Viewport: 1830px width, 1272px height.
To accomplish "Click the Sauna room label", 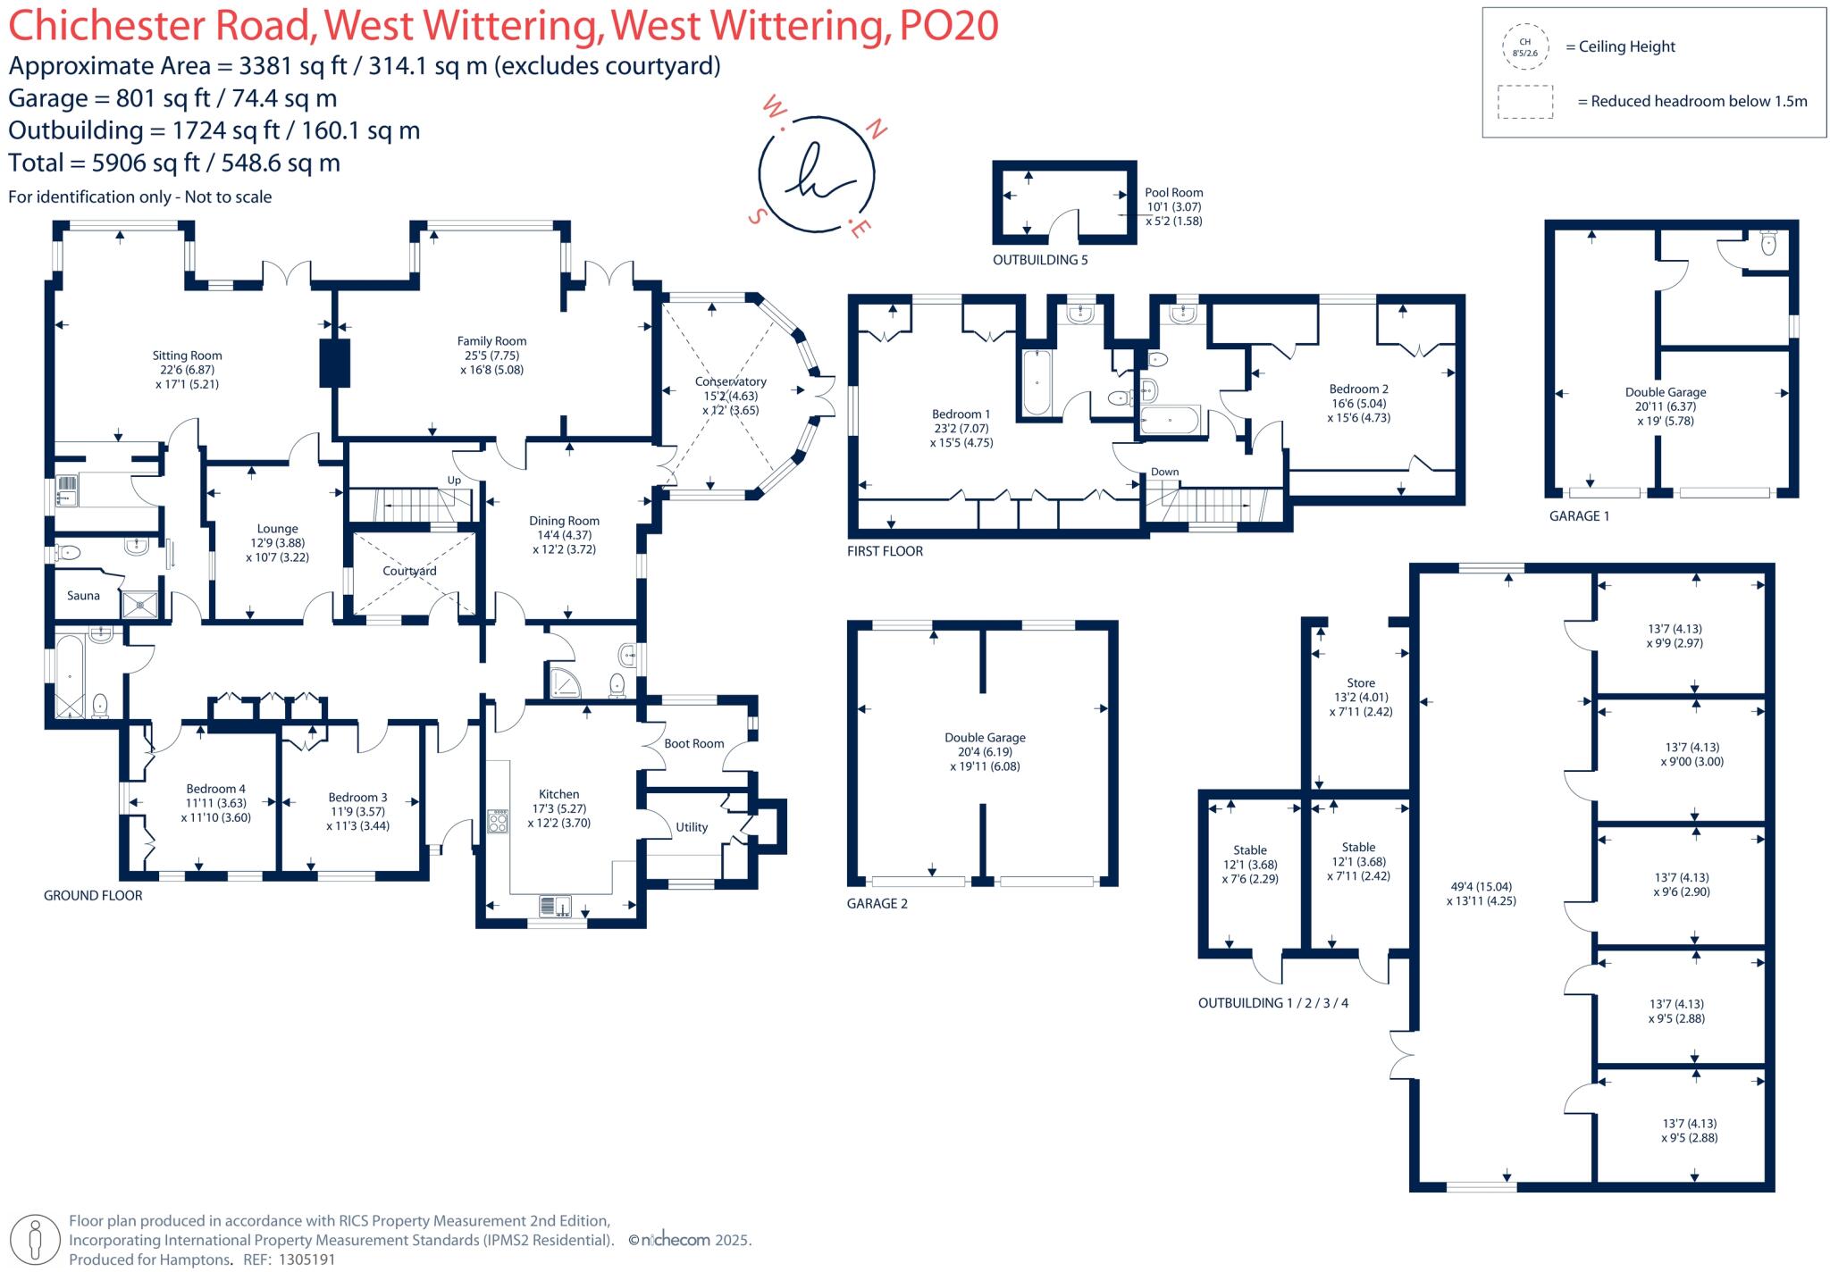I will (x=83, y=596).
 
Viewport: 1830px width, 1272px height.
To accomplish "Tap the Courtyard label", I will (x=409, y=571).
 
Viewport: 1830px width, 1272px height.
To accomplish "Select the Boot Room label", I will (x=693, y=743).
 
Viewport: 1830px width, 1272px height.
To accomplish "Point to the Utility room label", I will (x=692, y=827).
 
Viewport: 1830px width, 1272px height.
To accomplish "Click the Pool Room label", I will (x=1173, y=192).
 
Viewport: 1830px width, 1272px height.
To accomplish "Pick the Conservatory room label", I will (x=730, y=381).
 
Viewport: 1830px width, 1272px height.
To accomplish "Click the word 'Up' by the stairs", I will (x=454, y=480).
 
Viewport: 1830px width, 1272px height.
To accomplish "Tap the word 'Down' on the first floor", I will (x=1164, y=472).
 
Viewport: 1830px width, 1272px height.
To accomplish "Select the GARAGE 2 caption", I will (x=877, y=903).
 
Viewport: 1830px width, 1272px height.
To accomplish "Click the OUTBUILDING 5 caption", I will (x=1040, y=260).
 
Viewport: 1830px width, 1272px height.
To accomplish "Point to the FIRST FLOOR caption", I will (x=885, y=551).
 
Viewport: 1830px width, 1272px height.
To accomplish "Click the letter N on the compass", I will (x=877, y=130).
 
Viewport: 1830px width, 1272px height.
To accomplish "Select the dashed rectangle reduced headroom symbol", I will (x=1525, y=102).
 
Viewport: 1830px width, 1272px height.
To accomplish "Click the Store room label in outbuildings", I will (x=1361, y=682).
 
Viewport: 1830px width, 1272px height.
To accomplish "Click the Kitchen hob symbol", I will (x=498, y=821).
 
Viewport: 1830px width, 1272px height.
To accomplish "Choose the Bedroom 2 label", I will (x=1358, y=389).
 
